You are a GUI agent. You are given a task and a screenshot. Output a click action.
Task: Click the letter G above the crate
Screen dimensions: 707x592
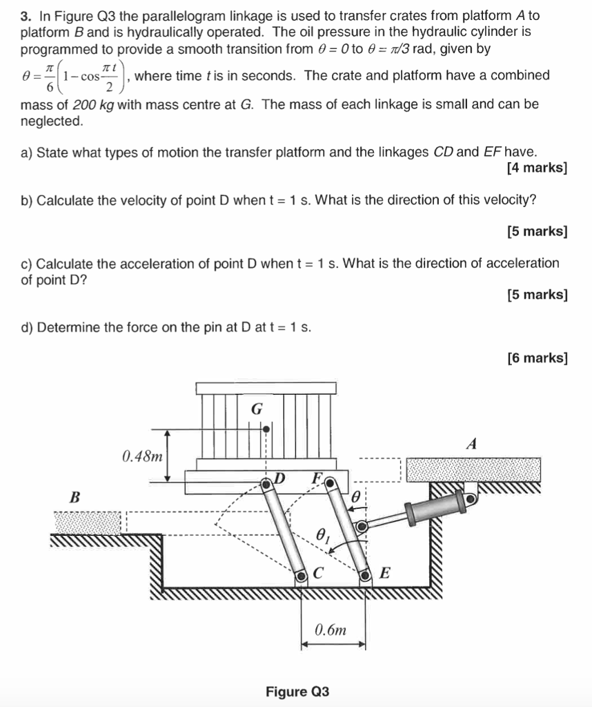pyautogui.click(x=256, y=409)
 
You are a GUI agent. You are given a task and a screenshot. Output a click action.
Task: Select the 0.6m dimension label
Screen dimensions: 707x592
pyautogui.click(x=331, y=630)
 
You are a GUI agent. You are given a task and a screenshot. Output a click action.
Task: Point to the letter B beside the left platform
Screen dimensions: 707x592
pyautogui.click(x=75, y=496)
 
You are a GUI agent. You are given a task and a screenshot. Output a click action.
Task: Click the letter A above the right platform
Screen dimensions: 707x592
pyautogui.click(x=472, y=444)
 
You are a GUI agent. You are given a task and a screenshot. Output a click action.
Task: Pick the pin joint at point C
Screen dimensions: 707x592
pyautogui.click(x=301, y=574)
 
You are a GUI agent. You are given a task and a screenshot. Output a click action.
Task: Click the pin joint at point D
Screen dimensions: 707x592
pyautogui.click(x=267, y=485)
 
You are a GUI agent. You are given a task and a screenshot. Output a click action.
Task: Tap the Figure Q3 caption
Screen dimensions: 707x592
pyautogui.click(x=297, y=691)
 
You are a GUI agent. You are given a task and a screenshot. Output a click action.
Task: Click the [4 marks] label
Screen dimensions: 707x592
pyautogui.click(x=537, y=168)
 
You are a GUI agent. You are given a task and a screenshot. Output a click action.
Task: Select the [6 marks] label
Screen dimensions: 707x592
pyautogui.click(x=537, y=358)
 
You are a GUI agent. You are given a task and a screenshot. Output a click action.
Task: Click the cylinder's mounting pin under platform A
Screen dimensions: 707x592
pyautogui.click(x=471, y=496)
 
